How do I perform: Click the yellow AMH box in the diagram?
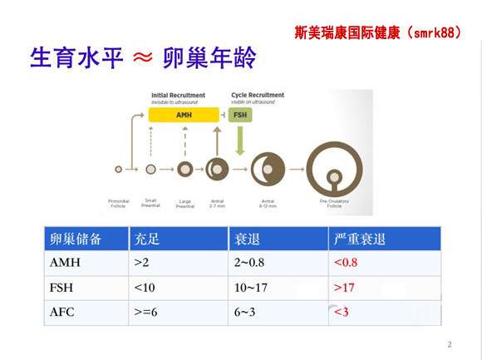pos(184,115)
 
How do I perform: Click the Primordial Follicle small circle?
pos(119,169)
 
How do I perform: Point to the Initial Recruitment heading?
pos(183,96)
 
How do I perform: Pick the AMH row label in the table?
pos(66,264)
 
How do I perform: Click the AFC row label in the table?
pos(65,313)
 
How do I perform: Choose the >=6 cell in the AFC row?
pos(146,313)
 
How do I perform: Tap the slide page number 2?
pos(449,344)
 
